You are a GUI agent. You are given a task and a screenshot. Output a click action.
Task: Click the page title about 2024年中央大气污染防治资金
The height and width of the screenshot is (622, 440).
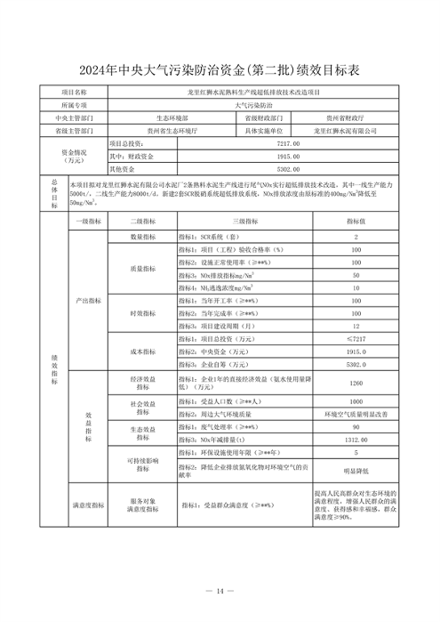coord(220,69)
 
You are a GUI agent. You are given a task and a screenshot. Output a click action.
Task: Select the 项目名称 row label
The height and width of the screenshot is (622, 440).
coord(74,92)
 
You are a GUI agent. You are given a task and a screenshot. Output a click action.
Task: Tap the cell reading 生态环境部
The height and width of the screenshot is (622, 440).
coord(171,117)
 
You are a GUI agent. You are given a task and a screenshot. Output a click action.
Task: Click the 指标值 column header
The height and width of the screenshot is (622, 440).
coord(356,220)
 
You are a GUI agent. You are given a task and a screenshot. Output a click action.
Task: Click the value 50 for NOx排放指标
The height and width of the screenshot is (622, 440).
coord(356,276)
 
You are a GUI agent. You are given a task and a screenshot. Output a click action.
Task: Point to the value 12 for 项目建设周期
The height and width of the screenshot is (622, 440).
coord(356,327)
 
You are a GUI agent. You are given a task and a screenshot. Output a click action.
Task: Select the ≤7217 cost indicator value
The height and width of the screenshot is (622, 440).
coord(356,339)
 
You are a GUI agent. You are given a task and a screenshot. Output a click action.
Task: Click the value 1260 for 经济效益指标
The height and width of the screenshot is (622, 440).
coord(356,384)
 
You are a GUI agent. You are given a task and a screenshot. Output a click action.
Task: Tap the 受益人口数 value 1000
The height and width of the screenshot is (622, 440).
coord(356,402)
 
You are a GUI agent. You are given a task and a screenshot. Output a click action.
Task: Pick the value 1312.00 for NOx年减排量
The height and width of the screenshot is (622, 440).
coord(356,440)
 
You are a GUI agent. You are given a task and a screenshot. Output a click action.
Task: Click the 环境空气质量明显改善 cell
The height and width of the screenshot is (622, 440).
coord(356,415)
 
